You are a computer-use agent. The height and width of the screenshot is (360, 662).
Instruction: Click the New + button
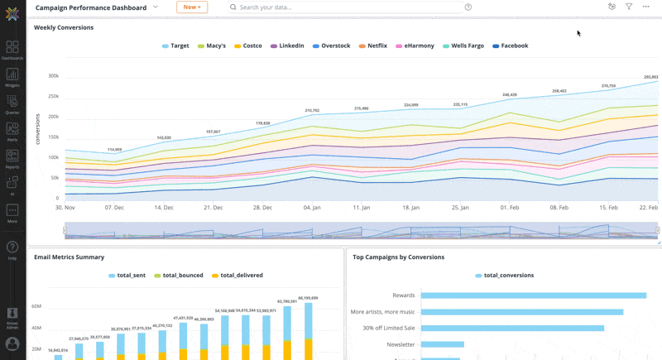click(x=192, y=7)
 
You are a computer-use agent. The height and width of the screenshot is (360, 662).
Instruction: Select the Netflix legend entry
click(x=377, y=46)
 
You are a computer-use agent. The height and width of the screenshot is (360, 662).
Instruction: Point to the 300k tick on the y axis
click(x=53, y=76)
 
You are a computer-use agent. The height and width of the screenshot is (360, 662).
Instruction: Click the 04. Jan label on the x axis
click(x=312, y=208)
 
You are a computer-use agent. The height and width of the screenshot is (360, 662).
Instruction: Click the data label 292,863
click(x=650, y=77)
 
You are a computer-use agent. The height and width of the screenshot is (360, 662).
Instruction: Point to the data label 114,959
click(x=114, y=150)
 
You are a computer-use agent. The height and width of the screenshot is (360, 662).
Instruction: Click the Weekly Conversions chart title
click(x=64, y=27)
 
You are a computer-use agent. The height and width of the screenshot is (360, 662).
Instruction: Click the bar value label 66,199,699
click(x=308, y=297)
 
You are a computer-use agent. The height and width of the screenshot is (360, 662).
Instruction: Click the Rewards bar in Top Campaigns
click(x=533, y=295)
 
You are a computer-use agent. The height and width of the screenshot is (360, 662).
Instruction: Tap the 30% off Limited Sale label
click(x=382, y=328)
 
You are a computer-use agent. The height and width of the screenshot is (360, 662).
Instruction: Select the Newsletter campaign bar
click(x=442, y=344)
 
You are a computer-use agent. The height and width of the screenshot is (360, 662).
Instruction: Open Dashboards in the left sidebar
click(x=12, y=50)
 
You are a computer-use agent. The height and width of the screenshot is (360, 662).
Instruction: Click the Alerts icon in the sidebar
click(x=12, y=131)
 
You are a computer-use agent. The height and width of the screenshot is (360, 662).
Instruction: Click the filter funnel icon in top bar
click(x=629, y=7)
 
